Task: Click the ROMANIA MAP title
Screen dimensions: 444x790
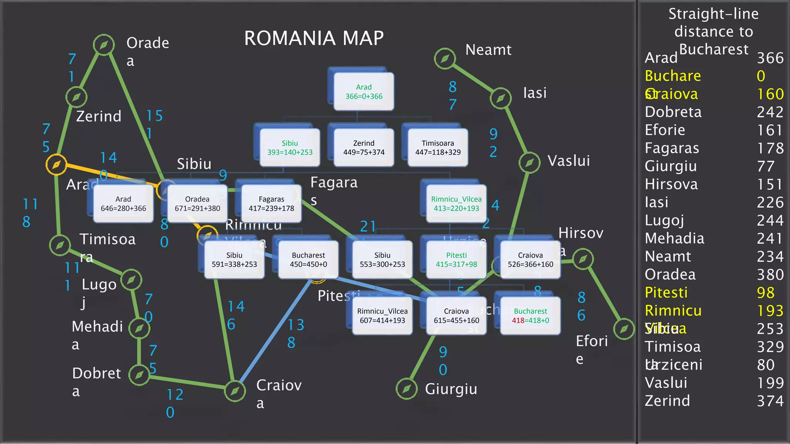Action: [314, 38]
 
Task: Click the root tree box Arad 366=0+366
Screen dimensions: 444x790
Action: [364, 92]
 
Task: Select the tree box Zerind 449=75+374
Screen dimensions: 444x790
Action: [364, 148]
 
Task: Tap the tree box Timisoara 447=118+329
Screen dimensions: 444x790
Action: [438, 148]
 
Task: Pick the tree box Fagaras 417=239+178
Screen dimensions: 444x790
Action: [271, 203]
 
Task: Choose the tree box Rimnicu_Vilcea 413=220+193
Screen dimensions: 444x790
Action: [456, 203]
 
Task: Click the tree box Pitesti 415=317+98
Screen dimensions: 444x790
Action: [456, 260]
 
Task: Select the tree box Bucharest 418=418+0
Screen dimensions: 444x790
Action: [530, 316]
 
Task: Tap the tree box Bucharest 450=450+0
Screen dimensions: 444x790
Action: [308, 260]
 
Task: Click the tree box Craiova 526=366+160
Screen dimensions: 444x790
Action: [530, 260]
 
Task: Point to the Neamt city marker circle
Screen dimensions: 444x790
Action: [445, 59]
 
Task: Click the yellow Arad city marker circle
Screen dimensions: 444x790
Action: [56, 165]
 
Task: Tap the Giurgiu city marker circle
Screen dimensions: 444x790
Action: [407, 388]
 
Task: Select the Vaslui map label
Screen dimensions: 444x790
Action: [569, 161]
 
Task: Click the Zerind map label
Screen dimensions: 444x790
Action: [98, 116]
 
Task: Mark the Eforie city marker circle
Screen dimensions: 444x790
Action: [624, 329]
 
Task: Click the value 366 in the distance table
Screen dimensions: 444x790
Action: [770, 58]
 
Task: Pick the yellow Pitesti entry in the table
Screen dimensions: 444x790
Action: [666, 293]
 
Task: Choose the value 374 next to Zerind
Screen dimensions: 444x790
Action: [770, 401]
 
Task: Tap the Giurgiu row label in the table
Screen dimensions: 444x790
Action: [671, 166]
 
